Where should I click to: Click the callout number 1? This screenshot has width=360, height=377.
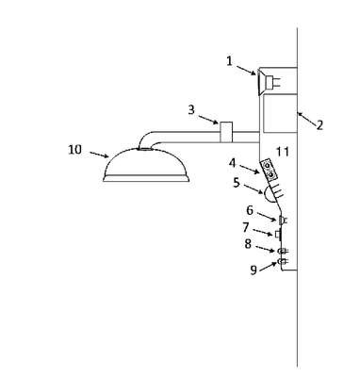230,61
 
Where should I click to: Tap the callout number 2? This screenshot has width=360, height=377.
319,125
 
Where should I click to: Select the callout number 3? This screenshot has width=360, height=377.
191,110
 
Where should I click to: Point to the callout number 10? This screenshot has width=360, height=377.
74,150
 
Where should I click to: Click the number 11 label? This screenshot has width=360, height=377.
283,152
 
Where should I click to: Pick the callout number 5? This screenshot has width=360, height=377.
237,183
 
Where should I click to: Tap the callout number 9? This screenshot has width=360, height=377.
254,270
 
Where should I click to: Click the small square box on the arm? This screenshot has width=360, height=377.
226,132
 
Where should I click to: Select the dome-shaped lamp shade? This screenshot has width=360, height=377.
146,165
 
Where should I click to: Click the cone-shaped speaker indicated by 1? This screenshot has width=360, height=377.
261,82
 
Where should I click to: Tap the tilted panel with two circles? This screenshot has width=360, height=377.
270,170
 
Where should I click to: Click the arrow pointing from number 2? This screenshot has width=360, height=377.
306,119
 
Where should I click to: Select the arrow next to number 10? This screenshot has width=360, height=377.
99,155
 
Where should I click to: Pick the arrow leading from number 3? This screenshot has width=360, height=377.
208,120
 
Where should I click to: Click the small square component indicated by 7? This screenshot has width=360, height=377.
277,235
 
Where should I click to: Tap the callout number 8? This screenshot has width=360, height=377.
248,244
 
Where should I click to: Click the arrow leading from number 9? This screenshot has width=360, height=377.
269,266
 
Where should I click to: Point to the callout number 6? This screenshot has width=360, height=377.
250,210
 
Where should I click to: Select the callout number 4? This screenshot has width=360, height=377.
233,163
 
